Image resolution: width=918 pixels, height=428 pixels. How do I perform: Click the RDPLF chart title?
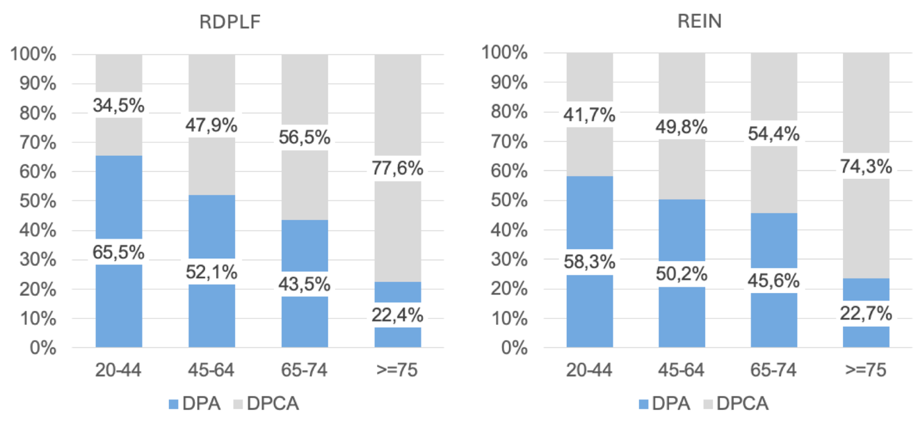(230, 22)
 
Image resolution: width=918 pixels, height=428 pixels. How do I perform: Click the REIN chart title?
(700, 21)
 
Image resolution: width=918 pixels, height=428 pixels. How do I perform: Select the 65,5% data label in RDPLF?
(118, 252)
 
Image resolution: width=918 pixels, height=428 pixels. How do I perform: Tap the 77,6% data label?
(397, 168)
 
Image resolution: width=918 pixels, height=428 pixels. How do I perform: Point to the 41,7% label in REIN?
(589, 115)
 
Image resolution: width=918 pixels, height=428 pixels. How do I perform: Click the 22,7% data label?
(866, 314)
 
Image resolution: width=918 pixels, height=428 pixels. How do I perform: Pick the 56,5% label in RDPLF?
(305, 137)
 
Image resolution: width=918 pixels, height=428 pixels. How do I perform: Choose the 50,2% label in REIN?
(682, 274)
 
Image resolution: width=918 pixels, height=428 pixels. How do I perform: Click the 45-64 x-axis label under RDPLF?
(211, 370)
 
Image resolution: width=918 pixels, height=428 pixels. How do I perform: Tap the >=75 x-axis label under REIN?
(866, 370)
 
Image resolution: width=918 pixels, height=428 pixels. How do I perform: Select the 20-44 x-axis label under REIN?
(589, 370)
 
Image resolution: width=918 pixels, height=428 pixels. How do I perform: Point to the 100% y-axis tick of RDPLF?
(33, 54)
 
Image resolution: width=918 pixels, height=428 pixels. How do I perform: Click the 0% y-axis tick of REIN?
(514, 348)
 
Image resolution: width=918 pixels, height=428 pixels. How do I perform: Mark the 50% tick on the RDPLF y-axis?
(38, 201)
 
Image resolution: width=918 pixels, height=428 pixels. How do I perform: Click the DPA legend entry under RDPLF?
(195, 404)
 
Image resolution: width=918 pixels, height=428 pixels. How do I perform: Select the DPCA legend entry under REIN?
(736, 404)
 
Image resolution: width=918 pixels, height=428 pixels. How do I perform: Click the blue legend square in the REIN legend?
(643, 404)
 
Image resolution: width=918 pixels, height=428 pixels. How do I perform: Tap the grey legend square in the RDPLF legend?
(238, 404)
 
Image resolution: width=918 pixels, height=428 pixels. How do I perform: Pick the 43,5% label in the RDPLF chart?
(305, 284)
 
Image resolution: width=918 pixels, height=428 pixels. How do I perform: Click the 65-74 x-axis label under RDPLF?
(304, 370)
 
